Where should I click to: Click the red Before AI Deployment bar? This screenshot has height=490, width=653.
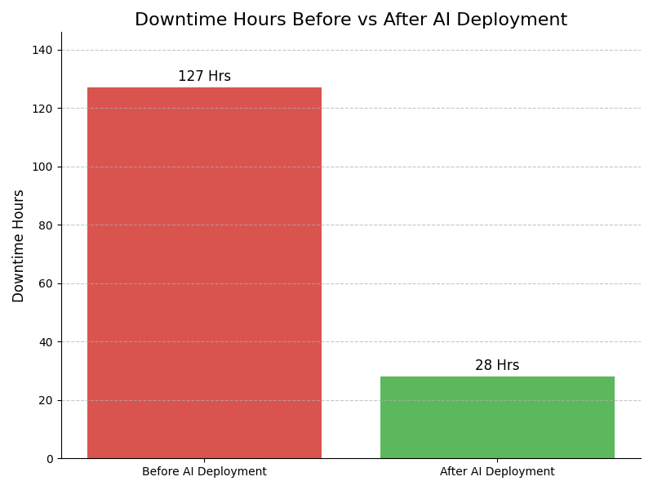click(x=204, y=273)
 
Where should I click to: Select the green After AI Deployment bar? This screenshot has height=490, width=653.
click(x=497, y=417)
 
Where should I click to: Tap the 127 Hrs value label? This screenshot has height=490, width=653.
click(x=204, y=77)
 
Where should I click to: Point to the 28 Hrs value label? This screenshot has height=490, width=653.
click(x=497, y=366)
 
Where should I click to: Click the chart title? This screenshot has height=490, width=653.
click(x=351, y=20)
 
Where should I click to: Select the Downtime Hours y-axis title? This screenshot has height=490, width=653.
click(x=19, y=246)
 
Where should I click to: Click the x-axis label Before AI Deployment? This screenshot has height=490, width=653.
click(x=204, y=472)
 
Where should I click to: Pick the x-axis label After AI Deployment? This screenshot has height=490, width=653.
click(x=497, y=472)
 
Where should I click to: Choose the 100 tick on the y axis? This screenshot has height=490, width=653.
click(x=42, y=167)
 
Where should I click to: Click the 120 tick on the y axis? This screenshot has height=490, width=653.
click(x=42, y=109)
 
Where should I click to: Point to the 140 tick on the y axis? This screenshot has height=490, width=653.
click(x=42, y=50)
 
